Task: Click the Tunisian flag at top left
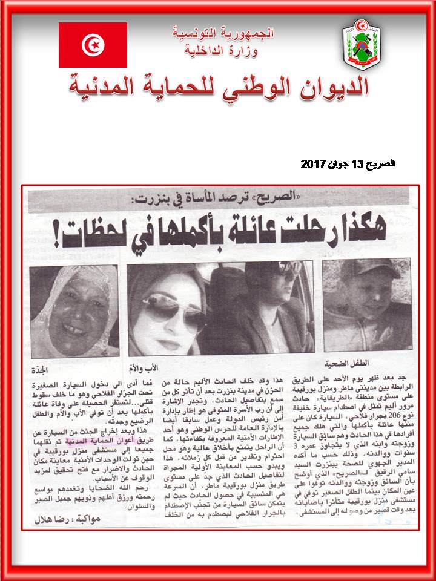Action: coord(93,45)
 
